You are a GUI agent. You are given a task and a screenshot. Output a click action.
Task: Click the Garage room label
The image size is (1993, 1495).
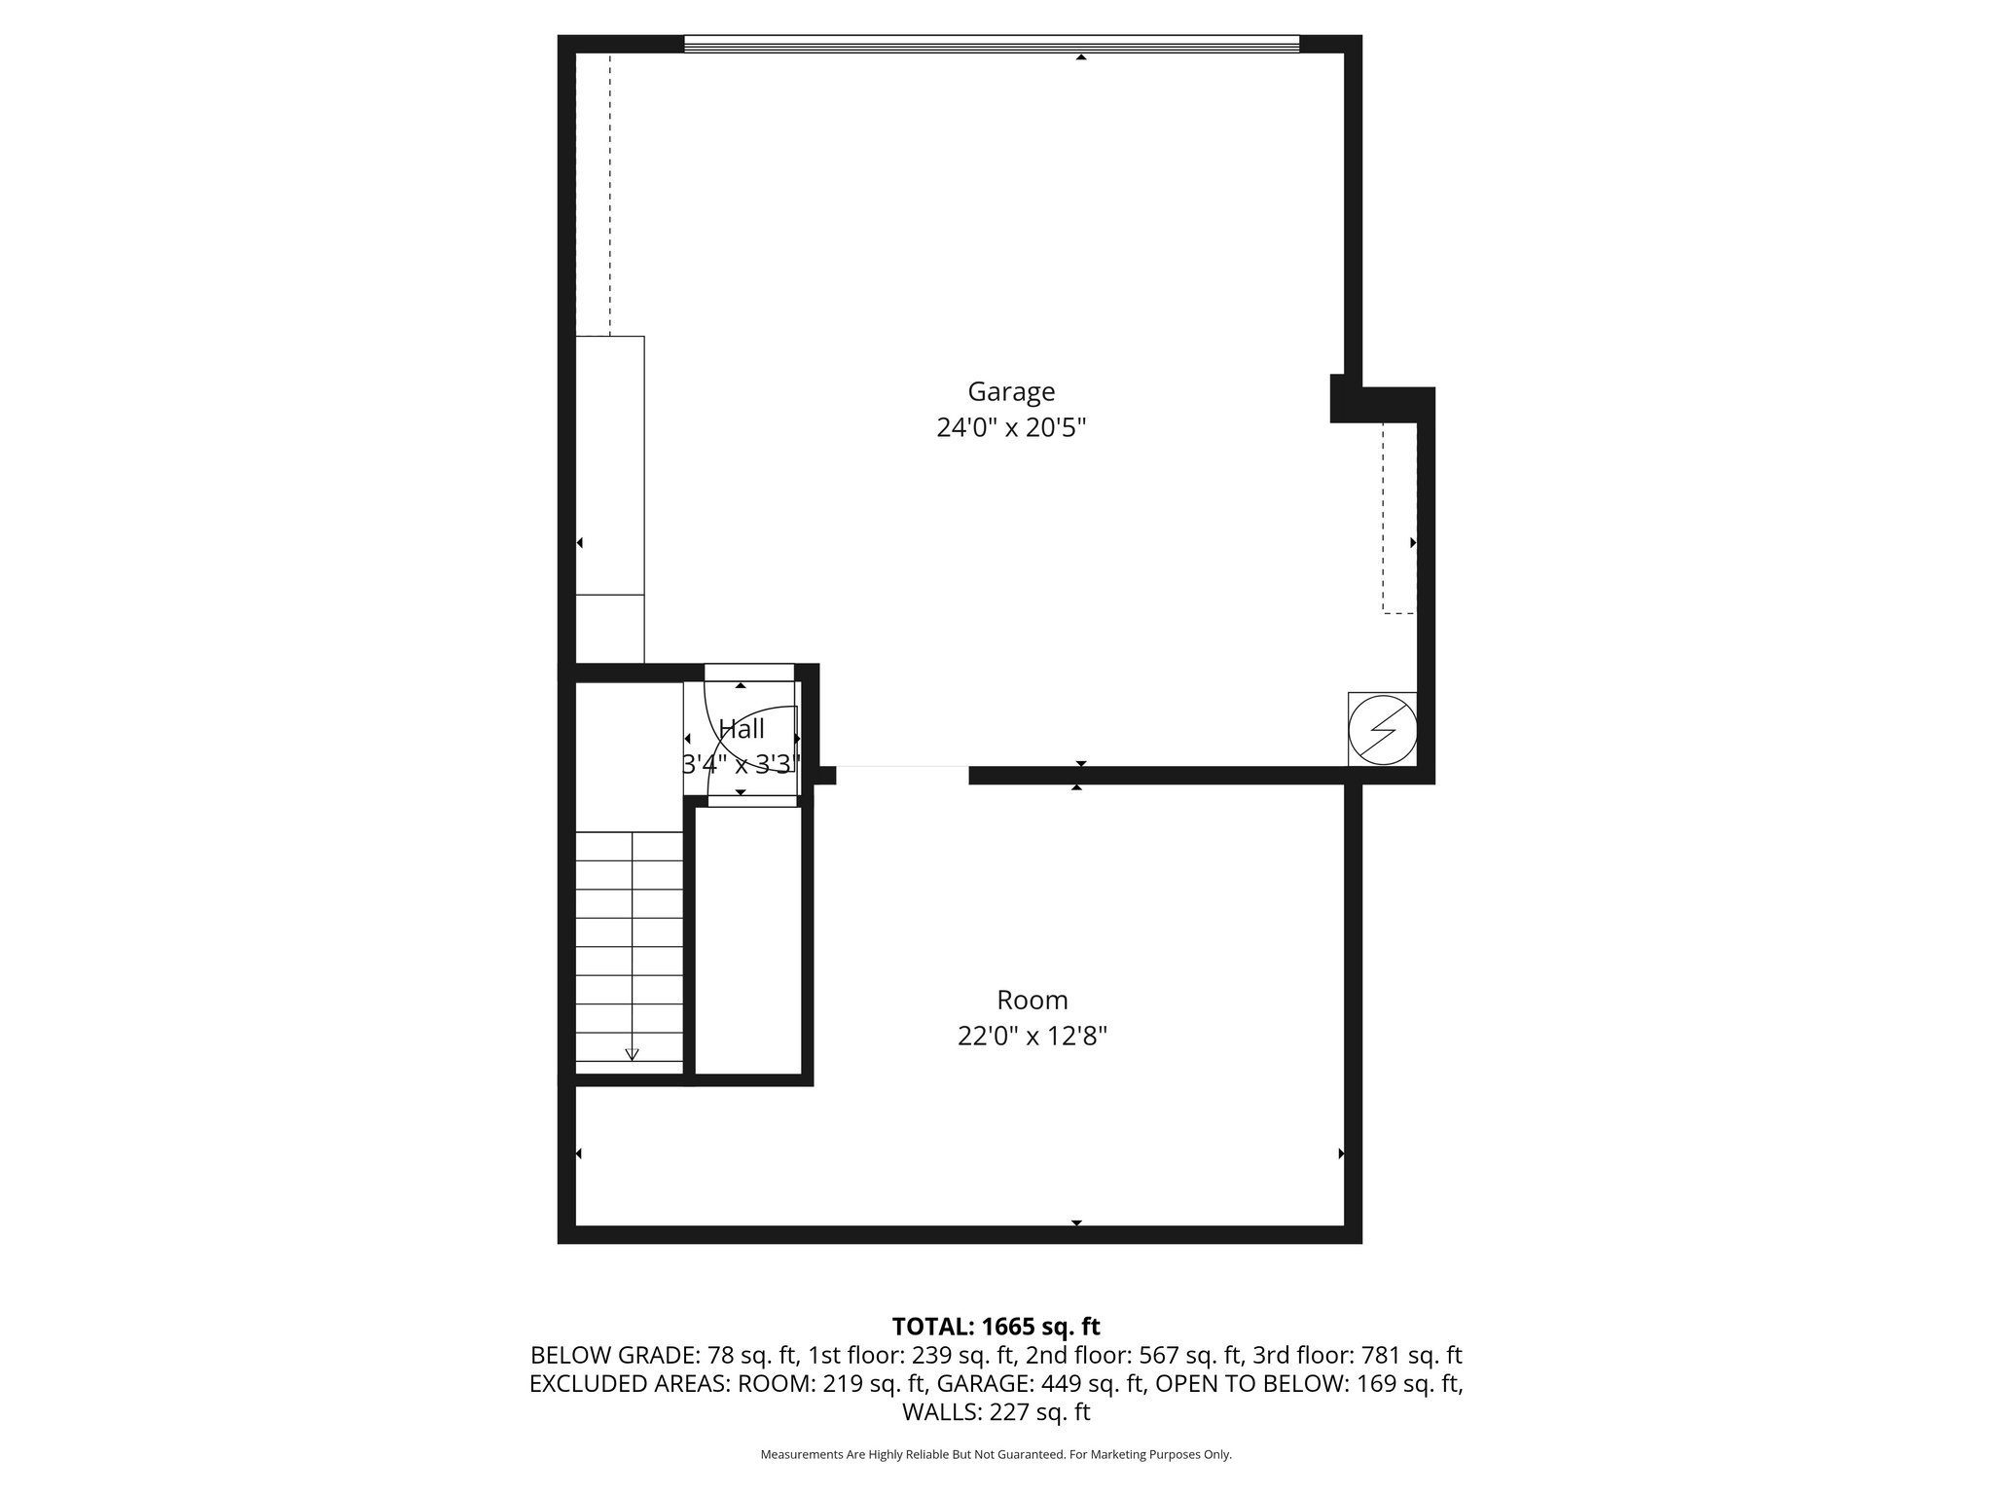pyautogui.click(x=1010, y=391)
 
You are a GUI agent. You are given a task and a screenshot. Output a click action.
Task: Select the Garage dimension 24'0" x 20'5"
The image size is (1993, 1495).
pyautogui.click(x=1010, y=428)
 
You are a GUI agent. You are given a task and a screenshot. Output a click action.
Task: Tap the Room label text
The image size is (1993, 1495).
pyautogui.click(x=1032, y=1000)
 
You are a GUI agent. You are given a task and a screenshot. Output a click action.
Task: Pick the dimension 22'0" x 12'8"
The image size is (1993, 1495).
pyautogui.click(x=1032, y=1037)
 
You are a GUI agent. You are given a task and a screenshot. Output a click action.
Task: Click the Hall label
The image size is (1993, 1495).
pyautogui.click(x=742, y=729)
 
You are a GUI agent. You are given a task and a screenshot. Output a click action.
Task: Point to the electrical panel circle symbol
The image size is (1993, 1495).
pyautogui.click(x=1383, y=728)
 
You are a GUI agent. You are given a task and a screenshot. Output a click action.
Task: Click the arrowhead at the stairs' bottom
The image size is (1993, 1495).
pyautogui.click(x=632, y=1053)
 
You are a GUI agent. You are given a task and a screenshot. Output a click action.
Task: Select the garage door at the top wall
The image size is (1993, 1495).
pyautogui.click(x=991, y=44)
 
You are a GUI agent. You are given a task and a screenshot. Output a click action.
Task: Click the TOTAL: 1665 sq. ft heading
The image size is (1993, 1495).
pyautogui.click(x=996, y=1327)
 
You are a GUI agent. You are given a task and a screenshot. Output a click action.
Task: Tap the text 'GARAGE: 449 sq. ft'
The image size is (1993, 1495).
pyautogui.click(x=1095, y=1383)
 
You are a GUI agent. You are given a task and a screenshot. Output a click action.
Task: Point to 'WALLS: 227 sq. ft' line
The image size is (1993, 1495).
pyautogui.click(x=996, y=1412)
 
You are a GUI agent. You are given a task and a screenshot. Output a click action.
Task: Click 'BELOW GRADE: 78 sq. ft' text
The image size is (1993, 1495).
pyautogui.click(x=664, y=1355)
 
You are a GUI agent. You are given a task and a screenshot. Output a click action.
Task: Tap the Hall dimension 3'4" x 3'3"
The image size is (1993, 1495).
pyautogui.click(x=742, y=764)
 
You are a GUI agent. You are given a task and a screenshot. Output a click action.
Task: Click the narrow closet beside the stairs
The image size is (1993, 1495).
pyautogui.click(x=748, y=939)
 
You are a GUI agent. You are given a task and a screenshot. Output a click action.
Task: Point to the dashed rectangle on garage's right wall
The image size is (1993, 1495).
pyautogui.click(x=1398, y=517)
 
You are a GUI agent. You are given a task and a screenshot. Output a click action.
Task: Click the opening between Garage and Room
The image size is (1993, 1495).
pyautogui.click(x=902, y=775)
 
